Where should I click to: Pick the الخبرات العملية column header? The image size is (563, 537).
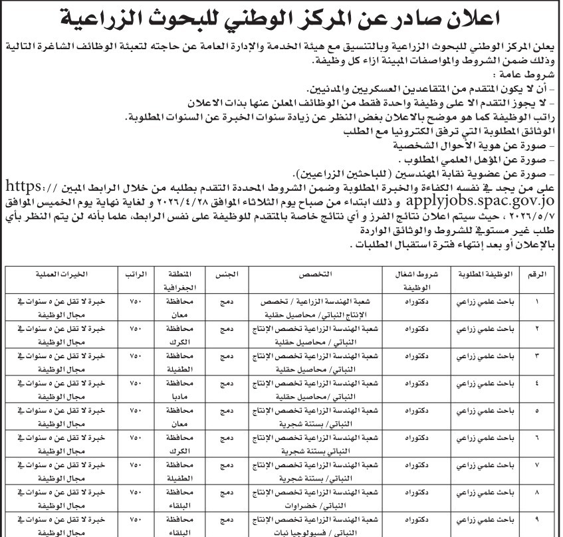click(x=63, y=275)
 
